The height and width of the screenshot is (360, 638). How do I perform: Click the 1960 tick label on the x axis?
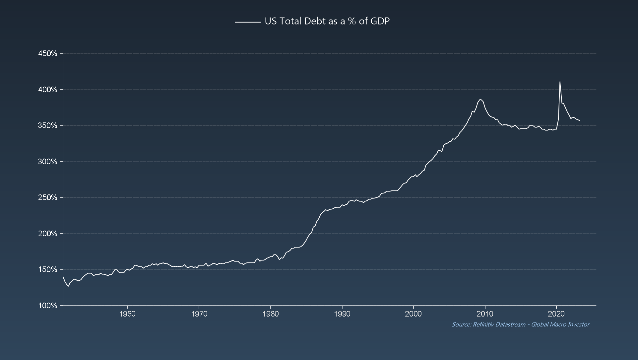click(127, 314)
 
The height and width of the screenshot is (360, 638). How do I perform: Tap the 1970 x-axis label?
click(199, 314)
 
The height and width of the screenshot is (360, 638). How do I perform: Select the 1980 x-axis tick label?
click(270, 314)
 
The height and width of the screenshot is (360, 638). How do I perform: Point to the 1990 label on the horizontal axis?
click(342, 314)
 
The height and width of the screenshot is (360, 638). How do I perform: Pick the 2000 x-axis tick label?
click(414, 314)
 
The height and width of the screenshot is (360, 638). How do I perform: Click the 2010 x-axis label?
click(485, 314)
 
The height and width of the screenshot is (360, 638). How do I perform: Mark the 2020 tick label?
click(556, 314)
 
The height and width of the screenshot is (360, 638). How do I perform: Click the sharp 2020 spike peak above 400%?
click(560, 82)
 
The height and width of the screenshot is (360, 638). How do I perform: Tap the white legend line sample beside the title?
click(248, 22)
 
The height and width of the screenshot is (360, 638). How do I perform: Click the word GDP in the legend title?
click(380, 21)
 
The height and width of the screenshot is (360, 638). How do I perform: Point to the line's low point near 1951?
click(69, 286)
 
